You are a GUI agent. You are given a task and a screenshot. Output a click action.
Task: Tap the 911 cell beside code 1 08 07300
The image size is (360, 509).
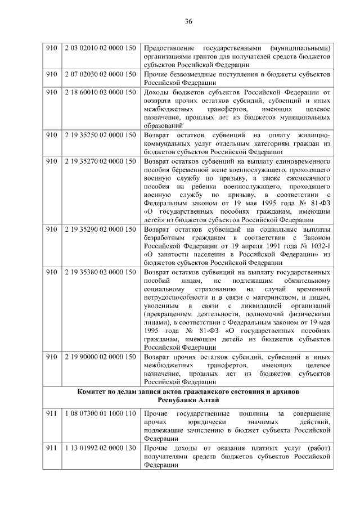(52, 414)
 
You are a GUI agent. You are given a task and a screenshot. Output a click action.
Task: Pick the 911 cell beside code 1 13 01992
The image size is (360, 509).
(52, 448)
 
